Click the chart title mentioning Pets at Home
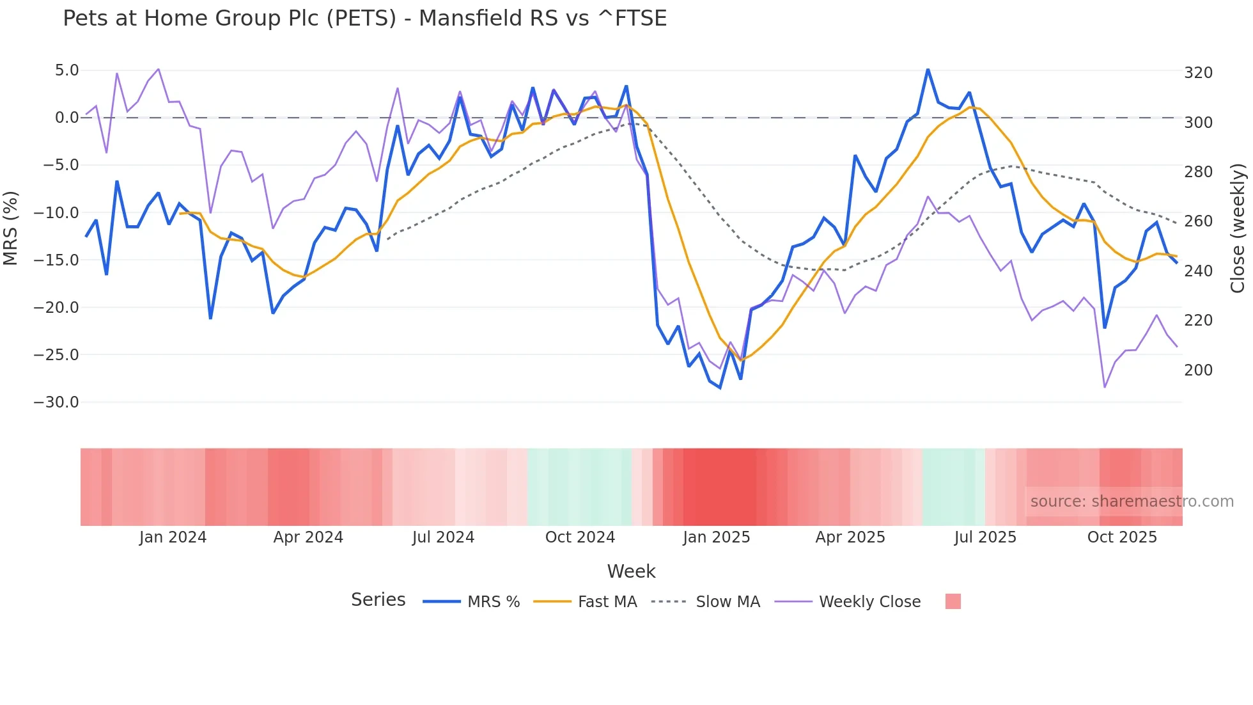pos(364,19)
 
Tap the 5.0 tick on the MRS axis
pos(66,70)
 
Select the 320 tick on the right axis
pos(1198,73)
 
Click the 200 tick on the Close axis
pos(1198,370)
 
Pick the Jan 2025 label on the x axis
pos(716,537)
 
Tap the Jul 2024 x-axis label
pos(443,537)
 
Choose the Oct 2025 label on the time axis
pos(1122,537)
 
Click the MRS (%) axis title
pos(11,228)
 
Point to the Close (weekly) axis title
pos(1238,228)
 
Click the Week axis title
pos(631,571)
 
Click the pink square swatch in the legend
pos(953,601)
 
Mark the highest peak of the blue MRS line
pos(928,69)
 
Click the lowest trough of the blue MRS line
pos(720,388)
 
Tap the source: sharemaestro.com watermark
pos(1132,502)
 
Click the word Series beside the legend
pos(378,600)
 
